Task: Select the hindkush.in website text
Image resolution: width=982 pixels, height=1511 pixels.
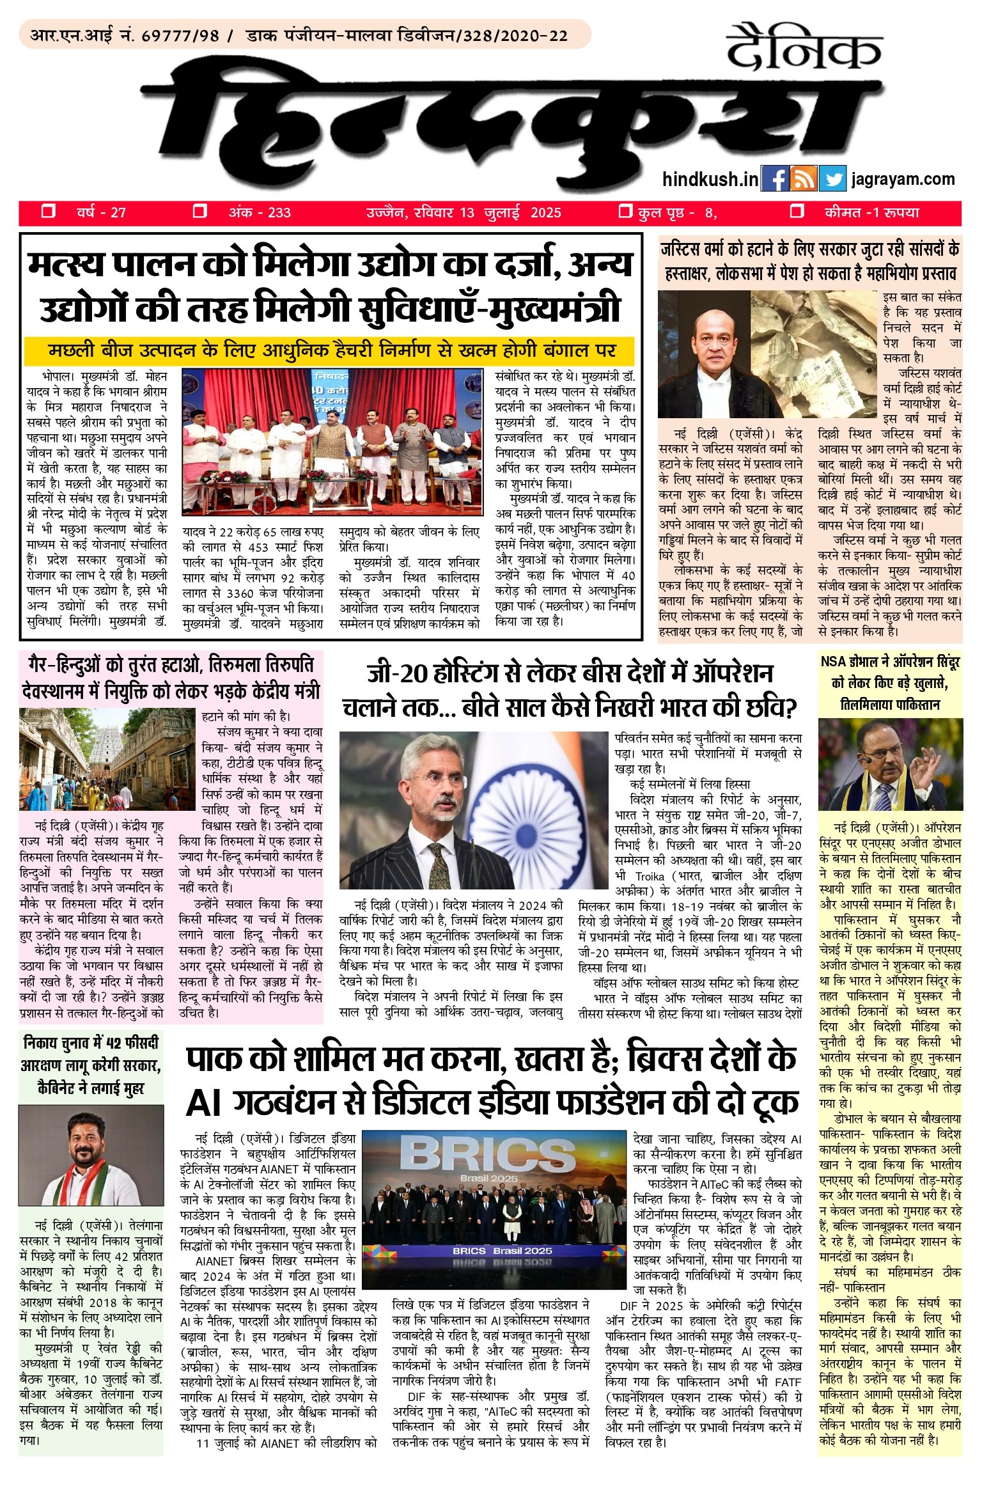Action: click(710, 180)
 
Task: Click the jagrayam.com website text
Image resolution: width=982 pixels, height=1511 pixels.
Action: click(903, 180)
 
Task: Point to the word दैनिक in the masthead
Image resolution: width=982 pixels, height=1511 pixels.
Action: click(804, 48)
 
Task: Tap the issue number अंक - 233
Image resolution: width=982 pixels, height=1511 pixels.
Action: click(260, 213)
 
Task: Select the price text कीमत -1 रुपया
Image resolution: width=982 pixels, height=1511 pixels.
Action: click(871, 213)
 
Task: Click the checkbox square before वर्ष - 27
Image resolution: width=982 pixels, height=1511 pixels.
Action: click(48, 212)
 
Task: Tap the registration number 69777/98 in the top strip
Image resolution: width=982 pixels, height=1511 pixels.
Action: click(180, 35)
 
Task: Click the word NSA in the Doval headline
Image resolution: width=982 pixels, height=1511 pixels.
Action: click(834, 662)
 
